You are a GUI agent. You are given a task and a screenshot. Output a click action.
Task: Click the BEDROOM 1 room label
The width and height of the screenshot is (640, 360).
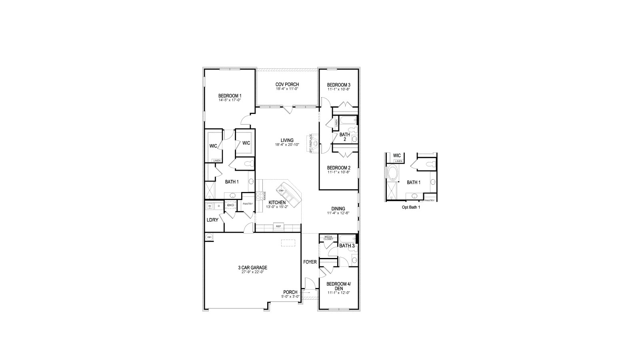tap(230, 96)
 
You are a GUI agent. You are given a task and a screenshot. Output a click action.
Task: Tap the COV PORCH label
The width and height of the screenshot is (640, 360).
tap(287, 84)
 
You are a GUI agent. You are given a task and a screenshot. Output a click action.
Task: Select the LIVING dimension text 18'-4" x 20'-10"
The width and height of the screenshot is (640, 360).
tap(287, 145)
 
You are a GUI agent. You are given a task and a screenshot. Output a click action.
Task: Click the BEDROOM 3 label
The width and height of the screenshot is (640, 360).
tap(338, 85)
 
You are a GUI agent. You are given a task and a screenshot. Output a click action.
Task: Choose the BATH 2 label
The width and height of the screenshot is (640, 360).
tap(345, 137)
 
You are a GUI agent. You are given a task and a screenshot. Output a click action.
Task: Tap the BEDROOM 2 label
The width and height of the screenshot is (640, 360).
tap(338, 168)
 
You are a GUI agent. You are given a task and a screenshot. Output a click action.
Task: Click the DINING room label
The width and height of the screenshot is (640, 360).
tap(338, 208)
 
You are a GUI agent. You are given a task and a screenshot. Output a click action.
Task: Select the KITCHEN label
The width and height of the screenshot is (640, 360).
tap(277, 202)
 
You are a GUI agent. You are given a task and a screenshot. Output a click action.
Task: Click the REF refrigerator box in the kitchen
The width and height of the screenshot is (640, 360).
tap(278, 226)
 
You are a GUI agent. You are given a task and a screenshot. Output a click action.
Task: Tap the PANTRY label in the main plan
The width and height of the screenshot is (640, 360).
tap(248, 204)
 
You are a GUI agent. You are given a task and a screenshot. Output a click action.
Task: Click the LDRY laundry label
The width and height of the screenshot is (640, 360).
tap(212, 220)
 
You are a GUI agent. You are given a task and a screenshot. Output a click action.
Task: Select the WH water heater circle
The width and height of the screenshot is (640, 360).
tap(209, 238)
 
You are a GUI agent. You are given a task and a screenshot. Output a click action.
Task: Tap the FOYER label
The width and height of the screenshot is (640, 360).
tap(310, 262)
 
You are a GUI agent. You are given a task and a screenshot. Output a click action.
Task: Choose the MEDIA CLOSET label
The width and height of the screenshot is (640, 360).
tap(328, 238)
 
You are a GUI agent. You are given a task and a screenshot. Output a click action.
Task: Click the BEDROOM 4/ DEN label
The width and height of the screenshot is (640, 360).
tap(338, 286)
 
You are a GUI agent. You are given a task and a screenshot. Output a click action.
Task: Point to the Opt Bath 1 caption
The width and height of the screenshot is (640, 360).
tap(411, 208)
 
